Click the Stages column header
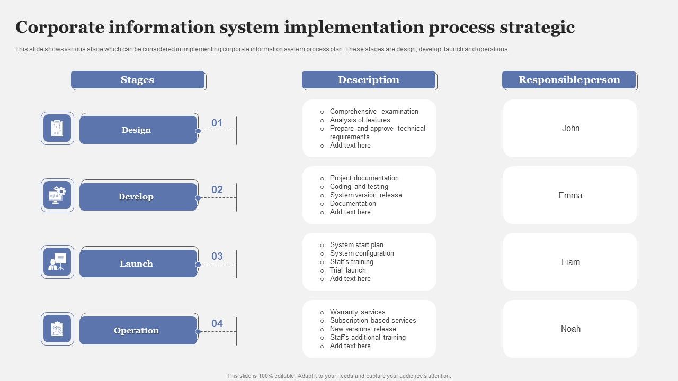click(138, 80)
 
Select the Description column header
click(369, 80)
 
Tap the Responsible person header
click(569, 80)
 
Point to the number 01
click(217, 123)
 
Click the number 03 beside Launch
click(217, 257)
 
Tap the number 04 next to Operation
click(217, 323)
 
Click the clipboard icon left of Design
click(57, 128)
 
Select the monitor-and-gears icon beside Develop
click(57, 195)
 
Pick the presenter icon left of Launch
click(57, 262)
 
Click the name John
click(570, 129)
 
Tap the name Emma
click(570, 195)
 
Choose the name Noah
click(570, 329)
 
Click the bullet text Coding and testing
click(359, 187)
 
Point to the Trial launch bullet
click(347, 270)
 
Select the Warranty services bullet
click(358, 312)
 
